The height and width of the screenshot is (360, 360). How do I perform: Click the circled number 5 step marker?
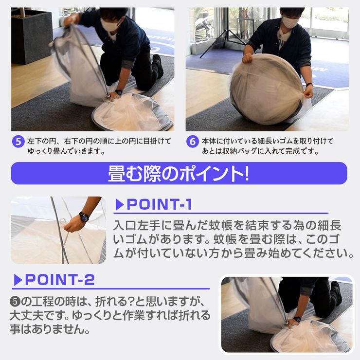point(18,141)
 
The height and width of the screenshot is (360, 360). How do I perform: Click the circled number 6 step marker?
point(192,141)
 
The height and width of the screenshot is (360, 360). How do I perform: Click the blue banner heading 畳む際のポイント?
point(179,174)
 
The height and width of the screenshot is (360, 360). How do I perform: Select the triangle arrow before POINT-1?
point(119,204)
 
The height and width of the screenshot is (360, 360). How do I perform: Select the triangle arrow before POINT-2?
point(18,280)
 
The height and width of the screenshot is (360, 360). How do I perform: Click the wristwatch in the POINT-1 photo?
point(84,217)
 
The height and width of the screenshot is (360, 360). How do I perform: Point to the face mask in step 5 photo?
point(110,24)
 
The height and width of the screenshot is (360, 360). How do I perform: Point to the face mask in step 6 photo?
point(290,21)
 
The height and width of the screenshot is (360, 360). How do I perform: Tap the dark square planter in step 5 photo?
point(32,36)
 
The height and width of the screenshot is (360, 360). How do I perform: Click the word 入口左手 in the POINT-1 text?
point(137,225)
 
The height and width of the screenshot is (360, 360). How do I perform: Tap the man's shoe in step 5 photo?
point(158,66)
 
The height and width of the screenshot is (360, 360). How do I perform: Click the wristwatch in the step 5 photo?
point(119,92)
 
